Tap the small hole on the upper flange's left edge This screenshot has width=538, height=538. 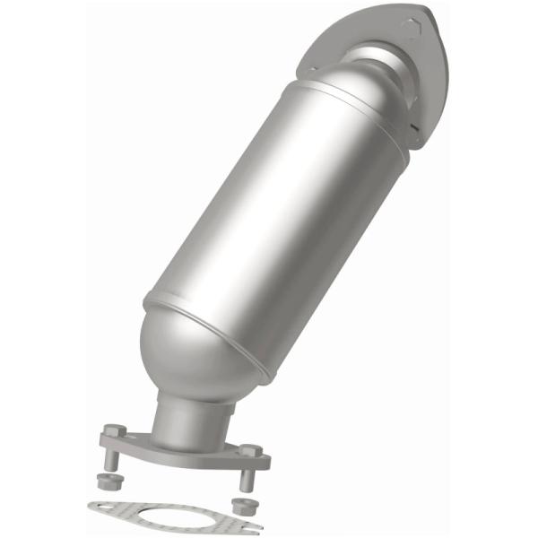pos(315,69)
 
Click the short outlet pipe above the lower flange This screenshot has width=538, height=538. pos(188,417)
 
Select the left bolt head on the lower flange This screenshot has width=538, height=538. pos(110,431)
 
